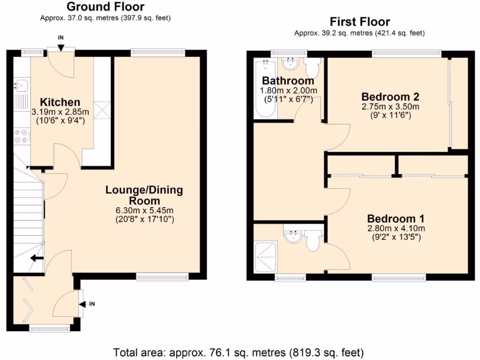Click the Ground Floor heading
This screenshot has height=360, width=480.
105,7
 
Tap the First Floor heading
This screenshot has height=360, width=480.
360,22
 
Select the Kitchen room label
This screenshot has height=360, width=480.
60,102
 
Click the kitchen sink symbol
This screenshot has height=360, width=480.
21,85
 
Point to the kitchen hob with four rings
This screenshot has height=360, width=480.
21,135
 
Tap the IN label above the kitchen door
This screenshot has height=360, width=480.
61,37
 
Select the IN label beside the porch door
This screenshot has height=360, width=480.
92,304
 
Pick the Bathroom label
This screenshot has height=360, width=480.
288,81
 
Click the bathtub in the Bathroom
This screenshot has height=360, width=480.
265,89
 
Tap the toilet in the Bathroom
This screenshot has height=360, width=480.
312,68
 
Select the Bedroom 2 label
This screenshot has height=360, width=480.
390,97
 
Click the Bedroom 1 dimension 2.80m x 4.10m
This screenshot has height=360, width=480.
396,229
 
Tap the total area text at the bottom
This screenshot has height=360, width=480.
239,352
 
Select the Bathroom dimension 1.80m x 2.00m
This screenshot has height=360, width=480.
289,90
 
